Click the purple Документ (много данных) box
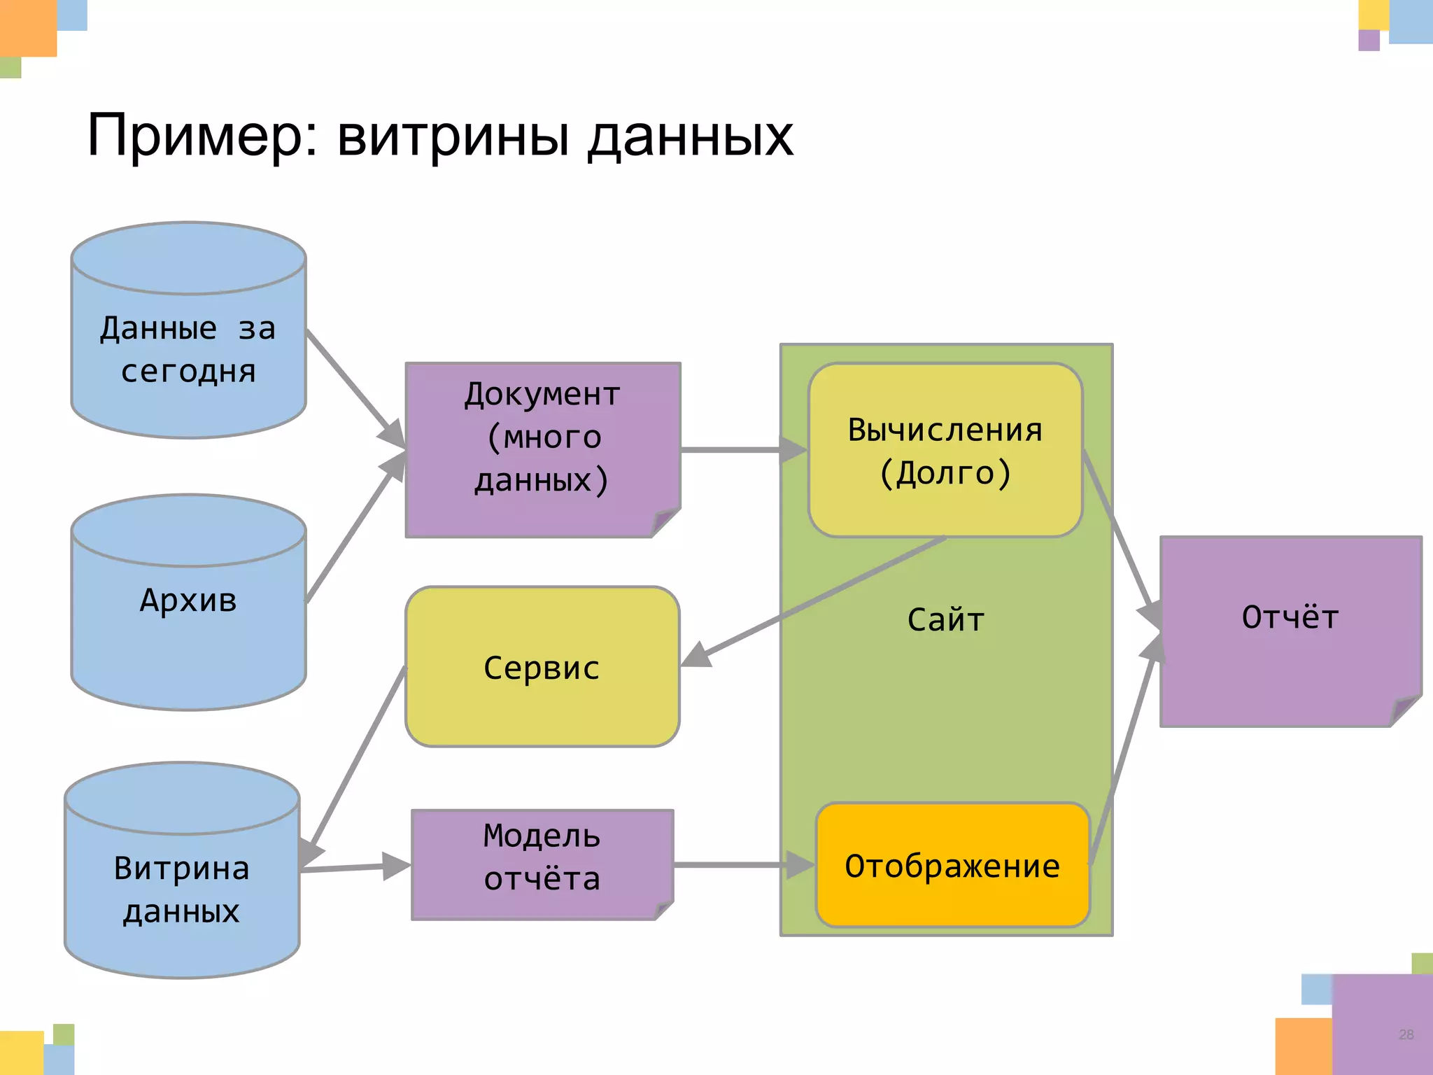(542, 448)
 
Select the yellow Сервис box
(542, 667)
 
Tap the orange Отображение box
(952, 866)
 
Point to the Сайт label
(945, 620)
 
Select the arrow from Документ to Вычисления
(731, 449)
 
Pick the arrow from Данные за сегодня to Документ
(346, 378)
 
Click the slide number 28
(1406, 1034)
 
